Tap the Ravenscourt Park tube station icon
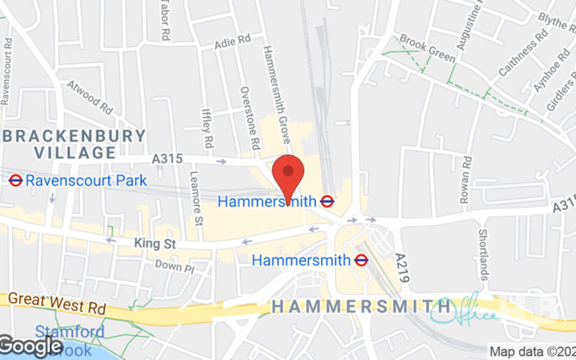point(16,180)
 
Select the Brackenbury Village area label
point(75,144)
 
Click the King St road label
point(155,244)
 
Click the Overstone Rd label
point(249,119)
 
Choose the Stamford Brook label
point(69,341)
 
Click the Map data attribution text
point(532,352)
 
